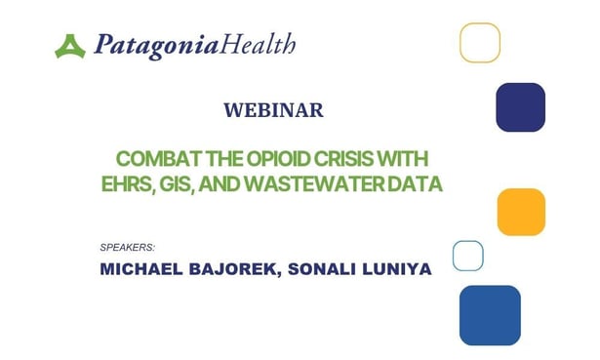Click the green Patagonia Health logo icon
[x=70, y=45]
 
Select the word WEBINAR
[x=273, y=110]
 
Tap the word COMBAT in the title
[x=153, y=159]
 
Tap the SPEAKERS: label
[x=128, y=247]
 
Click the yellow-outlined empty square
[x=480, y=43]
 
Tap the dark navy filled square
[x=520, y=107]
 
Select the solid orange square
[x=521, y=212]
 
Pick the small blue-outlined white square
[x=468, y=255]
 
